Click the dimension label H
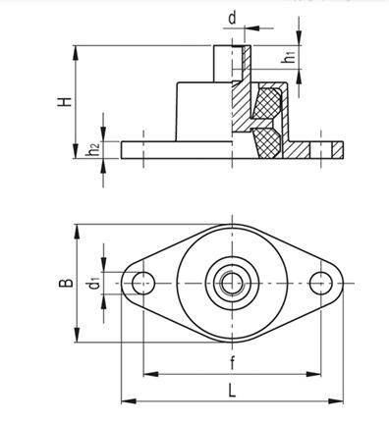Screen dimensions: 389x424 click(x=65, y=101)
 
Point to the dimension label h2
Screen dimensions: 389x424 click(x=93, y=150)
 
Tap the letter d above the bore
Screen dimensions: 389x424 click(x=232, y=18)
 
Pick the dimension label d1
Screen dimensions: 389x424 click(x=94, y=284)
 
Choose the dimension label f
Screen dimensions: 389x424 click(x=232, y=362)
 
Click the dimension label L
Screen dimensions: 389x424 click(x=232, y=391)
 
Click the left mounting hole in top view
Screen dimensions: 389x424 click(x=143, y=283)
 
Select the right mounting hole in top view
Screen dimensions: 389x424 click(x=321, y=283)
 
